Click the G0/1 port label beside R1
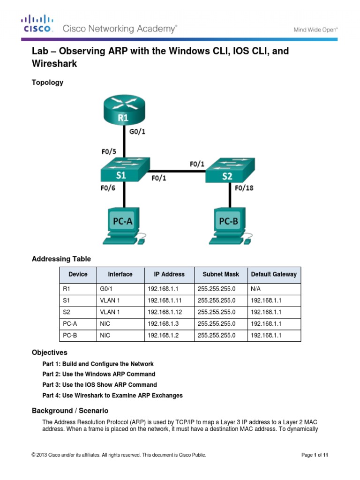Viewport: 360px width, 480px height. click(x=137, y=132)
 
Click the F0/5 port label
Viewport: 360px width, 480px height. click(x=109, y=152)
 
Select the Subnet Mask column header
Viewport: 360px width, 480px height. click(x=220, y=274)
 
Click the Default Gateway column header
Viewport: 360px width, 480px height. click(x=274, y=274)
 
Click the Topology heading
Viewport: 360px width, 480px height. click(x=47, y=82)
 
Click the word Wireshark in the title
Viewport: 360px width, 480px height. click(x=54, y=64)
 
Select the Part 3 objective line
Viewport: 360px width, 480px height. click(x=99, y=385)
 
